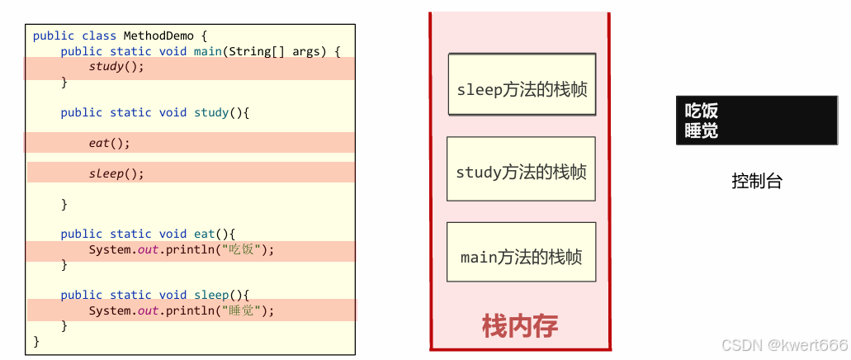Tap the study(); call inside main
(x=116, y=67)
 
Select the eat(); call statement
(x=110, y=143)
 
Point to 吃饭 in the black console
(x=701, y=111)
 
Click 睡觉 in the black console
(x=701, y=130)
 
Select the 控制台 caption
(x=756, y=182)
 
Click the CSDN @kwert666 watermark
(x=784, y=345)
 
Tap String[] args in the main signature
(x=296, y=51)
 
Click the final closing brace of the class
(x=35, y=341)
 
